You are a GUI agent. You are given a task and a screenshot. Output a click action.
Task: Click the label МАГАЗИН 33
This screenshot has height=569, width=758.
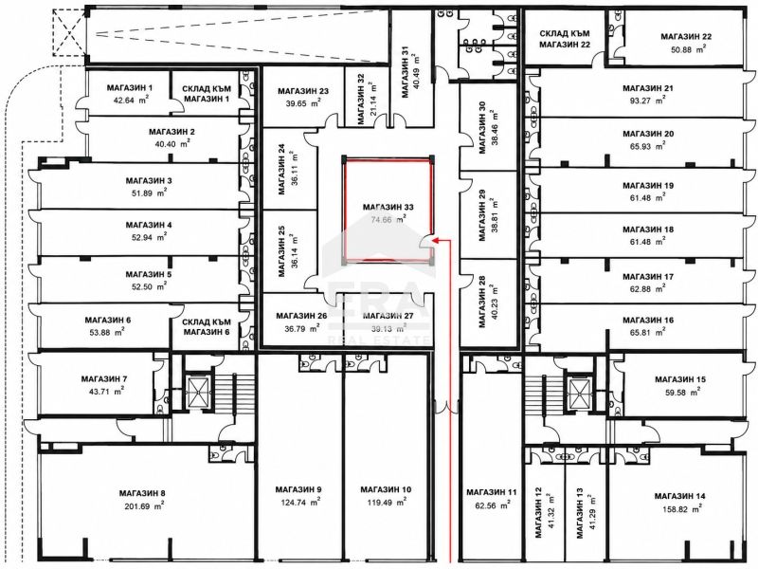pos(388,207)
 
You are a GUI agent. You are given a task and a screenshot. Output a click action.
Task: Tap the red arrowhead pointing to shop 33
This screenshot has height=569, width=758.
pos(435,240)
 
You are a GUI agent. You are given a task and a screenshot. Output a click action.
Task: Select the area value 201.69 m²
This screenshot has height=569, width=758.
pos(143,506)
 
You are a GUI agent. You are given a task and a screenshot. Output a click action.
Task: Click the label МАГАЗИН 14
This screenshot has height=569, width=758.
pos(679,496)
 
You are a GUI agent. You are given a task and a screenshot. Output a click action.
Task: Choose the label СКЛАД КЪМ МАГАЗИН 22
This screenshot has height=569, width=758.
pos(565,39)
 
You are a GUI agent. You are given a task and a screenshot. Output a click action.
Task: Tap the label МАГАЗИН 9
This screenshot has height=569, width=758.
pos(298,489)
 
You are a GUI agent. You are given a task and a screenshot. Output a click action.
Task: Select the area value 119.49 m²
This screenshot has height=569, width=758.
pos(387,503)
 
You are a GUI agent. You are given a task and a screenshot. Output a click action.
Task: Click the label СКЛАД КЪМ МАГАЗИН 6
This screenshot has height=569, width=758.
pos(207,326)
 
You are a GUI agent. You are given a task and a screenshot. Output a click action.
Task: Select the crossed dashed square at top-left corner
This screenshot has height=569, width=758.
pos(70,33)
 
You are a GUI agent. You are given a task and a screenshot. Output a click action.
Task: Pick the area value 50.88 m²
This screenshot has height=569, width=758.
pos(689,49)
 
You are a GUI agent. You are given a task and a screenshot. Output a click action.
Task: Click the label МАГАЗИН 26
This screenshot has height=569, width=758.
pos(301,316)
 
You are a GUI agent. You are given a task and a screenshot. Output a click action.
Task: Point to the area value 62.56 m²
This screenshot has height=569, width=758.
pos(492,505)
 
